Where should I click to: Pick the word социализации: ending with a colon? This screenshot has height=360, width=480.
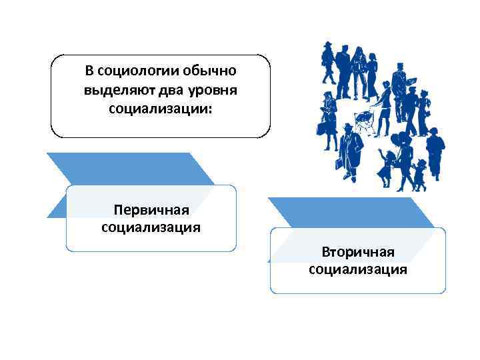click(160, 107)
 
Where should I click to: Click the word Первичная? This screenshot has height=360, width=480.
click(151, 211)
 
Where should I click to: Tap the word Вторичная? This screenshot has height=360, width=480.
click(358, 252)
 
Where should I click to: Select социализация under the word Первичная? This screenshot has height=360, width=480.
click(151, 228)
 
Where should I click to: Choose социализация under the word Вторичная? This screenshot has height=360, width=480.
click(358, 269)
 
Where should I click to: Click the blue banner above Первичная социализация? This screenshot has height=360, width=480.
click(127, 168)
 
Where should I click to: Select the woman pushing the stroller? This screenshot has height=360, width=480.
click(383, 107)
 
